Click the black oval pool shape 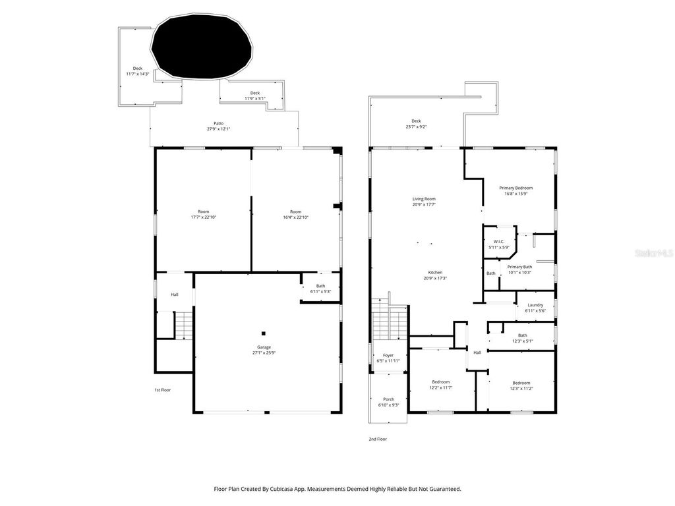pos(202,46)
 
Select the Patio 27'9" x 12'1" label pos(218,126)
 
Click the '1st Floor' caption pos(162,390)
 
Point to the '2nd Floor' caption pos(378,439)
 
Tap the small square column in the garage pos(263,333)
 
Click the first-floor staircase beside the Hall pos(183,325)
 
